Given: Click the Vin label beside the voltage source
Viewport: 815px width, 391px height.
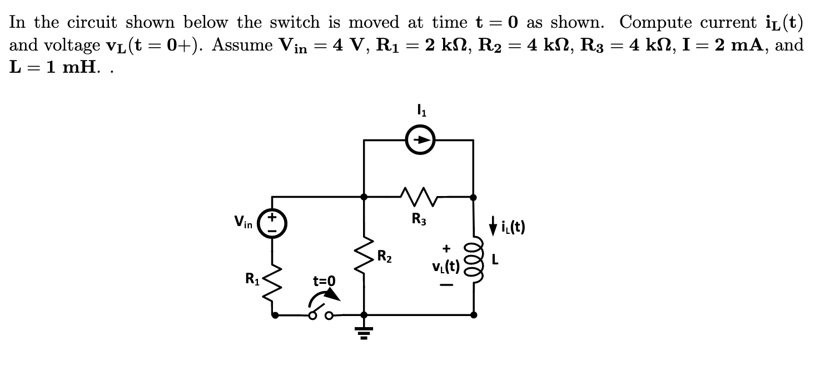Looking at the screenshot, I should point(243,224).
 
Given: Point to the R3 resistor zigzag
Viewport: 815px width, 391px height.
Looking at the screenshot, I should point(419,195).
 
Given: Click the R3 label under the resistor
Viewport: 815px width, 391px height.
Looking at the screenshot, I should point(419,220).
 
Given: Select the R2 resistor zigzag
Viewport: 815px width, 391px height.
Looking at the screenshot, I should point(364,257).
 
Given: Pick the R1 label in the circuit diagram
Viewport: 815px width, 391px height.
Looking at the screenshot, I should point(253,278).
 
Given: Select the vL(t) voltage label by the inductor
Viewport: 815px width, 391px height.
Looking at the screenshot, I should point(445,267).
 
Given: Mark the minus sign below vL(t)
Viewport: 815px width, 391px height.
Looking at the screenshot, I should point(446,285).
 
